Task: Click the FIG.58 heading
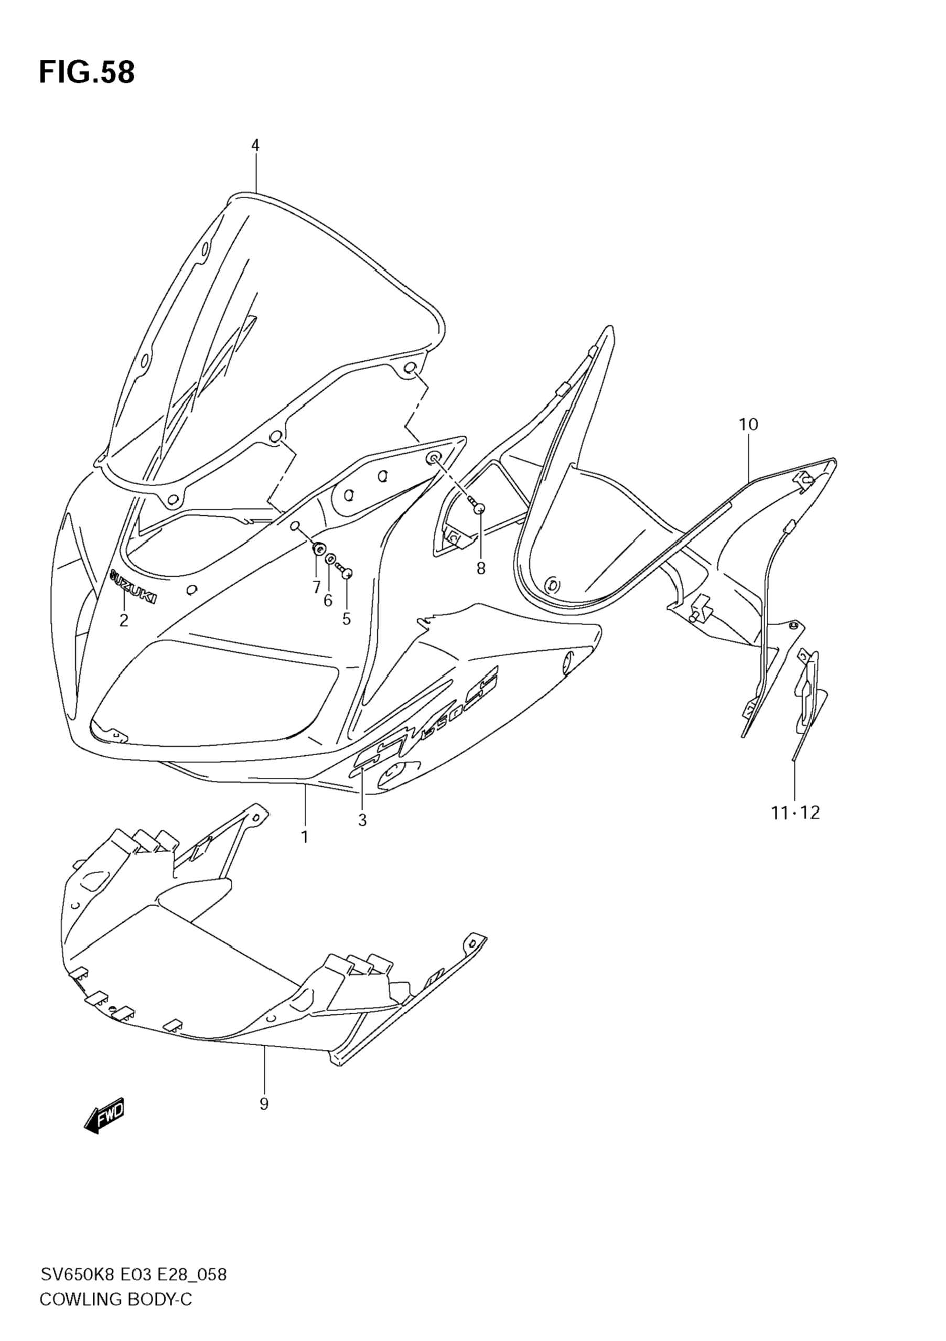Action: tap(87, 73)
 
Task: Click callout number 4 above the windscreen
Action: tap(255, 145)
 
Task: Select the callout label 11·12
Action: tap(795, 812)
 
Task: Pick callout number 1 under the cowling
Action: tap(305, 837)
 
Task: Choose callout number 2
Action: tap(124, 620)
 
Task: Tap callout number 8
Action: tap(480, 568)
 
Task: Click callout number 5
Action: tap(346, 619)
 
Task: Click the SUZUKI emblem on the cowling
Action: tap(133, 586)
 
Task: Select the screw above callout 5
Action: tap(346, 572)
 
